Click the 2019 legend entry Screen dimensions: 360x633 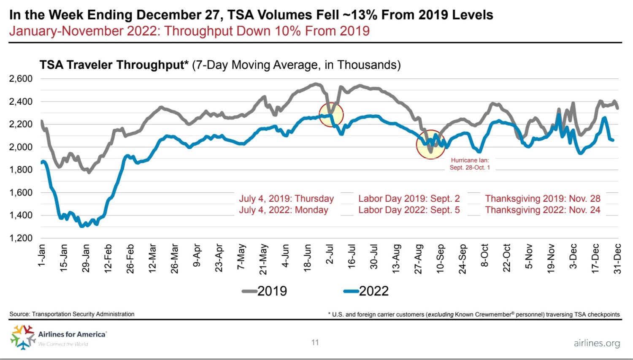(x=265, y=291)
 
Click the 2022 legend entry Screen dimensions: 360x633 (x=366, y=291)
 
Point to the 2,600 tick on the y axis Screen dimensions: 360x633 (x=21, y=78)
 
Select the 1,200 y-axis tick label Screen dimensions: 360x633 (x=21, y=238)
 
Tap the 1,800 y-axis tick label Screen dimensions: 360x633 (x=21, y=170)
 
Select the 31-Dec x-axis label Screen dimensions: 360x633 (x=617, y=258)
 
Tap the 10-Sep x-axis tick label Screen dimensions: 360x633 (x=440, y=258)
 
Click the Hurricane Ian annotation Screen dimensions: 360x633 (x=470, y=164)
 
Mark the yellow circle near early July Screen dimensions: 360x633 (x=331, y=115)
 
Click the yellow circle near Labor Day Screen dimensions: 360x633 (x=430, y=144)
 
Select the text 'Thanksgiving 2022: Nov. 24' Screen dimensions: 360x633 (x=542, y=210)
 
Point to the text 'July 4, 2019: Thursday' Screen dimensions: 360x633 (x=286, y=198)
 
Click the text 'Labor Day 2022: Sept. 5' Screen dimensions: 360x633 (x=409, y=210)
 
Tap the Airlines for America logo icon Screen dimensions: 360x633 (x=22, y=336)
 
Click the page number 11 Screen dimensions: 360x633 (x=315, y=342)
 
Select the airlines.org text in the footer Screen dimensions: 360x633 (x=597, y=343)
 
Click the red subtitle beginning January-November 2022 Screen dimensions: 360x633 (x=189, y=31)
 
